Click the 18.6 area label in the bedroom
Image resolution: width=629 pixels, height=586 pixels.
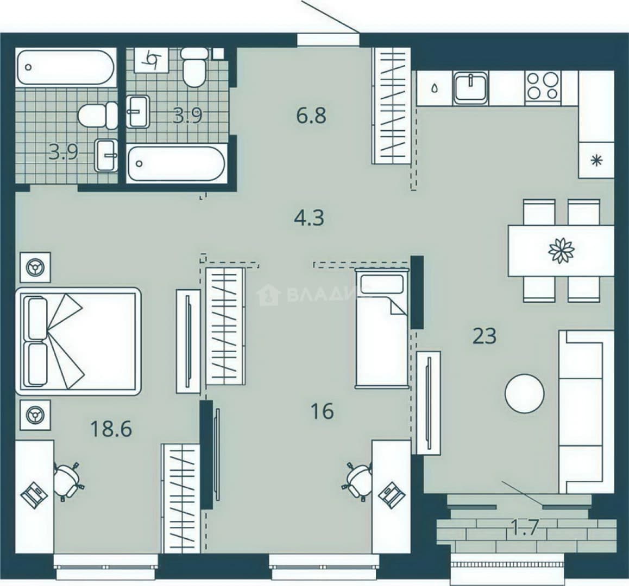(111, 429)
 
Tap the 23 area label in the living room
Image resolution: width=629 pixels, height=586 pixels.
(485, 336)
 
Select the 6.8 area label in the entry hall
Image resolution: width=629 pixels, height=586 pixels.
(311, 116)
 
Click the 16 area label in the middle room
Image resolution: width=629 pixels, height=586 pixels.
(322, 411)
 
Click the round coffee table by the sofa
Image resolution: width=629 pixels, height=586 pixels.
(525, 393)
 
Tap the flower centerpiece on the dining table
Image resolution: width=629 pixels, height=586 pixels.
(561, 251)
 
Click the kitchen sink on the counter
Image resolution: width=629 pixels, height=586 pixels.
(471, 87)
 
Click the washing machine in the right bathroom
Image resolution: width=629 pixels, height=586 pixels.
(151, 60)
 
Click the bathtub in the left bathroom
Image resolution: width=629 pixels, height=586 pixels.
(66, 67)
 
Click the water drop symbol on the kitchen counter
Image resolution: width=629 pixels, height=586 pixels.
(435, 88)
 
